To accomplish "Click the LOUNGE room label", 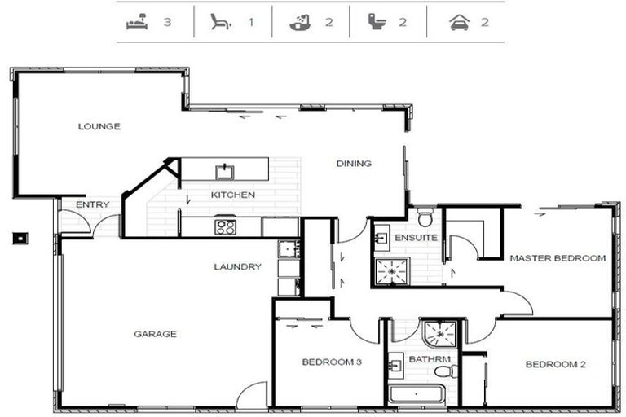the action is pos(99,126).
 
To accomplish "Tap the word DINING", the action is pos(354,163).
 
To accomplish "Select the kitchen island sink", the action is pos(225,172).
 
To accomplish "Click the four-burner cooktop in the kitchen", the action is pos(225,227).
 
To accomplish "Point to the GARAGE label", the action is pos(156,334).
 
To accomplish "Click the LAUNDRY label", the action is pos(237,266).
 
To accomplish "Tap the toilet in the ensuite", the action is pos(425,217).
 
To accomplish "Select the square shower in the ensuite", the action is pos(392,271).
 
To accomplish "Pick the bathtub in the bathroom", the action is pos(417,394).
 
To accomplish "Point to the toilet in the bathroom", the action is pos(447,371).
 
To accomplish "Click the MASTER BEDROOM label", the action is pos(558,258).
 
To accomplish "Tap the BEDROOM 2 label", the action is pos(555,364).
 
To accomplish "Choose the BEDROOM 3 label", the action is pos(332,362).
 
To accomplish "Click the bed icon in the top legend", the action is pos(137,22).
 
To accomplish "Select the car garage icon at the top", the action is pos(460,22).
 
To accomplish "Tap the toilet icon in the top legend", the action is pos(377,21).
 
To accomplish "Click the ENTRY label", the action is pos(93,204).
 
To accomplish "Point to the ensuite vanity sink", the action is pos(381,238).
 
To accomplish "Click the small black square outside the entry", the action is pos(20,239).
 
